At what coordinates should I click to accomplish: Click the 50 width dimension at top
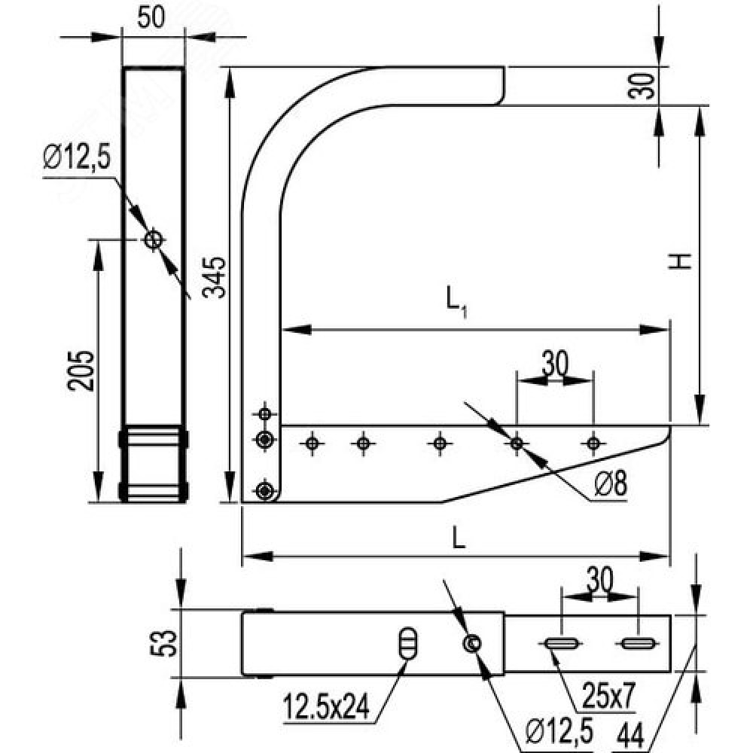151,17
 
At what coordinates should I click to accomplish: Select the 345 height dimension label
214,278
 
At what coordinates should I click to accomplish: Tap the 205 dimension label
81,370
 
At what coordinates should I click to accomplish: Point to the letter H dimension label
681,261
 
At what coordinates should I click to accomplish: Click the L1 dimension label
456,303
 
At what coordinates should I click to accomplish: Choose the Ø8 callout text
611,484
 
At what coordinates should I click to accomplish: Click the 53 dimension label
163,643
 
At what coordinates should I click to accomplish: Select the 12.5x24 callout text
327,707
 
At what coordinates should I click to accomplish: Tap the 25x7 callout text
608,696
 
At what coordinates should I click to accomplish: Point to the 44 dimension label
630,733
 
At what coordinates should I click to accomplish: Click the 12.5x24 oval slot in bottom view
408,643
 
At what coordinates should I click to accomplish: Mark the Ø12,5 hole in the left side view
154,239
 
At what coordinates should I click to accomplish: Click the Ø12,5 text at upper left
76,157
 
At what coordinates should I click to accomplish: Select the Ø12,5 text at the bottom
559,731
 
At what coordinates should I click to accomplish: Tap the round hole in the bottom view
472,643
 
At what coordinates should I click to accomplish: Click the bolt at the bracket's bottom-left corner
264,491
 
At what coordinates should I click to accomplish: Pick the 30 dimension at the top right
642,86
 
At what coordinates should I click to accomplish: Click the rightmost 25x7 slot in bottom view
637,644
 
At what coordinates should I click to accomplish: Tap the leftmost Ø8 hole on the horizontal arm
312,444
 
